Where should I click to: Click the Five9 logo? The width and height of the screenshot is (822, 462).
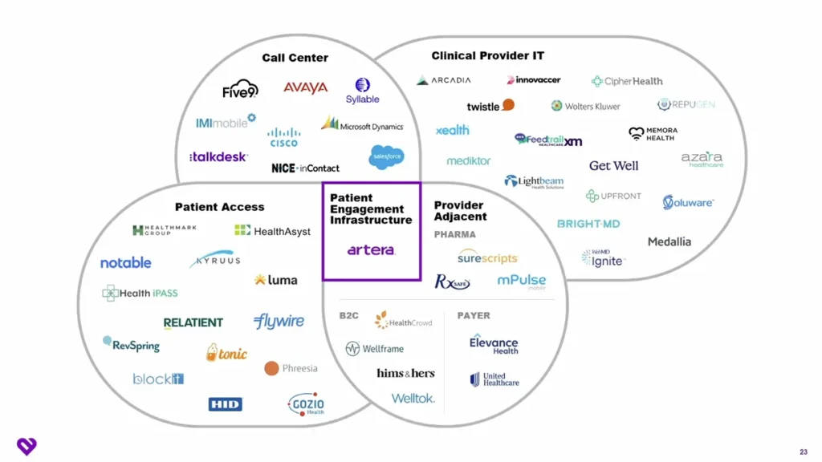[240, 88]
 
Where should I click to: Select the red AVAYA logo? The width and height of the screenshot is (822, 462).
[305, 87]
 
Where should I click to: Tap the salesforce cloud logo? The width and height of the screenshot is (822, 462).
[386, 157]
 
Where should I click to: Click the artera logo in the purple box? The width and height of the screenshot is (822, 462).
[371, 250]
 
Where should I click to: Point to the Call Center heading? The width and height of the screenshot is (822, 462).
[295, 58]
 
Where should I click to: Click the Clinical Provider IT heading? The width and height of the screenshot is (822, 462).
[487, 56]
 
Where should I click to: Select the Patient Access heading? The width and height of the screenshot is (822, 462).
[219, 207]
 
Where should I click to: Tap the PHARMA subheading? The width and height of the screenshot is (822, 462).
[455, 235]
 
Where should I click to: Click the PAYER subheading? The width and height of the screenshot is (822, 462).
[474, 316]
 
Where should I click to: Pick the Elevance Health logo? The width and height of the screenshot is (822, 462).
[494, 344]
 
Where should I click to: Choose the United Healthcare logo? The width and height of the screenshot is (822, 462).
[494, 379]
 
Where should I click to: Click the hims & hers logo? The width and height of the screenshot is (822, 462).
[405, 374]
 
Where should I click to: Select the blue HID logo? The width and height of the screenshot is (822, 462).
[225, 404]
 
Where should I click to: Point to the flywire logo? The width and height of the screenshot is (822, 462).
[279, 322]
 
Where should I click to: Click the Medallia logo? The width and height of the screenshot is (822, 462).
[669, 241]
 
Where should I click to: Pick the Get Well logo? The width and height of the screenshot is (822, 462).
[613, 166]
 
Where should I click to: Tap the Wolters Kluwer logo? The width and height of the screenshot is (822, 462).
[585, 106]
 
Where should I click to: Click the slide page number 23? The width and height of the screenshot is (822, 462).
[804, 451]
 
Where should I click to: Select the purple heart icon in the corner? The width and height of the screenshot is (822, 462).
[26, 446]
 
